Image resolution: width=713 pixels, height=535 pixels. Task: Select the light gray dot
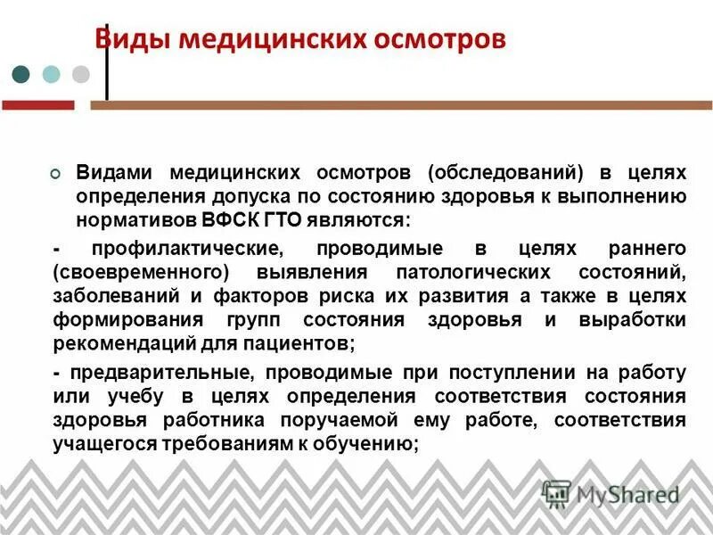point(81,74)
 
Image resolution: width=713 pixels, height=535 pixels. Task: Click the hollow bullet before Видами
point(56,172)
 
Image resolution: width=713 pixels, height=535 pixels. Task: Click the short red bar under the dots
point(37,105)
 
